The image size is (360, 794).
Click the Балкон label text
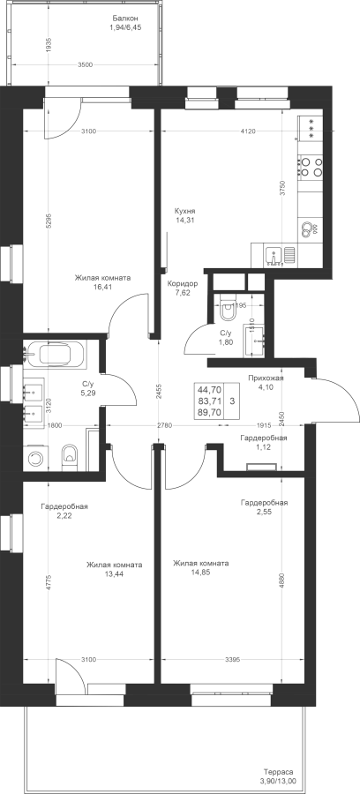(x=124, y=19)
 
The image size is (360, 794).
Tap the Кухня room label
(x=184, y=211)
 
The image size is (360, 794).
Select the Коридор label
(x=183, y=283)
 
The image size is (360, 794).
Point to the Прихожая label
(x=266, y=378)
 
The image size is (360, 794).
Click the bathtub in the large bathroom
(x=56, y=354)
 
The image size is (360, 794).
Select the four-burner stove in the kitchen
(x=311, y=167)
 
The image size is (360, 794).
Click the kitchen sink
(x=274, y=254)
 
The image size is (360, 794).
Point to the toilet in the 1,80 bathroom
(x=228, y=309)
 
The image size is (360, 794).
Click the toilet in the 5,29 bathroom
(x=70, y=456)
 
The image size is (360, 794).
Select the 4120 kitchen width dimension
(x=247, y=131)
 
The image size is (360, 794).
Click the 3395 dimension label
(x=232, y=659)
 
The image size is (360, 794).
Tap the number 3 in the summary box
(x=232, y=401)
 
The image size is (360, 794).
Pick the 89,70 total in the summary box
(x=209, y=412)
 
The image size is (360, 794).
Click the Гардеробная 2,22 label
(x=64, y=511)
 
